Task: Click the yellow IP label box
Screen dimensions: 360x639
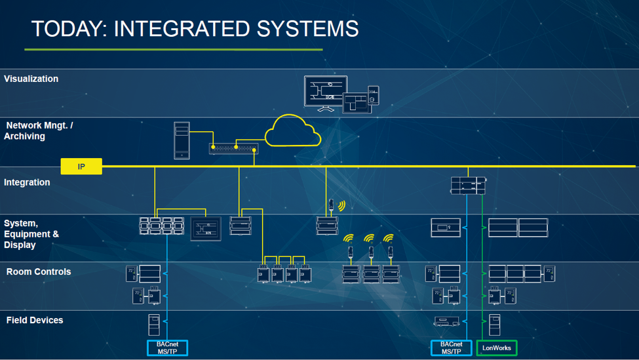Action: coord(81,167)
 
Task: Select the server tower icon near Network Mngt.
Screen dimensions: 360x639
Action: coord(182,140)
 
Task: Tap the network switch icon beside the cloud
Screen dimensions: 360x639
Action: coord(233,148)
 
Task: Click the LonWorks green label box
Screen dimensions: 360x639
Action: coord(496,348)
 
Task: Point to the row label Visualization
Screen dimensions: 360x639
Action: coord(31,79)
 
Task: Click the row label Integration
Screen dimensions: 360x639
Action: coord(27,182)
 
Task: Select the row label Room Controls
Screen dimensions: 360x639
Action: coord(39,271)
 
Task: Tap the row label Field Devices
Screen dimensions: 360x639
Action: coord(35,320)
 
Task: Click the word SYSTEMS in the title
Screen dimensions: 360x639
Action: coord(308,29)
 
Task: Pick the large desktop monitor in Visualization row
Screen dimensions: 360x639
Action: coord(325,91)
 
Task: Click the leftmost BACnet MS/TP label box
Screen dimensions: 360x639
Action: coord(167,348)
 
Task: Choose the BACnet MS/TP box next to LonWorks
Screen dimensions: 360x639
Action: coord(451,348)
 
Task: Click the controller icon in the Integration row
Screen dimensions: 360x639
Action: coord(468,185)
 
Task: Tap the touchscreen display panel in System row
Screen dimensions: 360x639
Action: coord(206,229)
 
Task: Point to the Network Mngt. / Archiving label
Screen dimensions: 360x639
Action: coord(39,130)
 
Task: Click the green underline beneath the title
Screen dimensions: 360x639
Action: coord(174,49)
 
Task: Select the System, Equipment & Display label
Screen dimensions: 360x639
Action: coord(31,234)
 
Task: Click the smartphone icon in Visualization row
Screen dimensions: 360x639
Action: coord(373,94)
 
